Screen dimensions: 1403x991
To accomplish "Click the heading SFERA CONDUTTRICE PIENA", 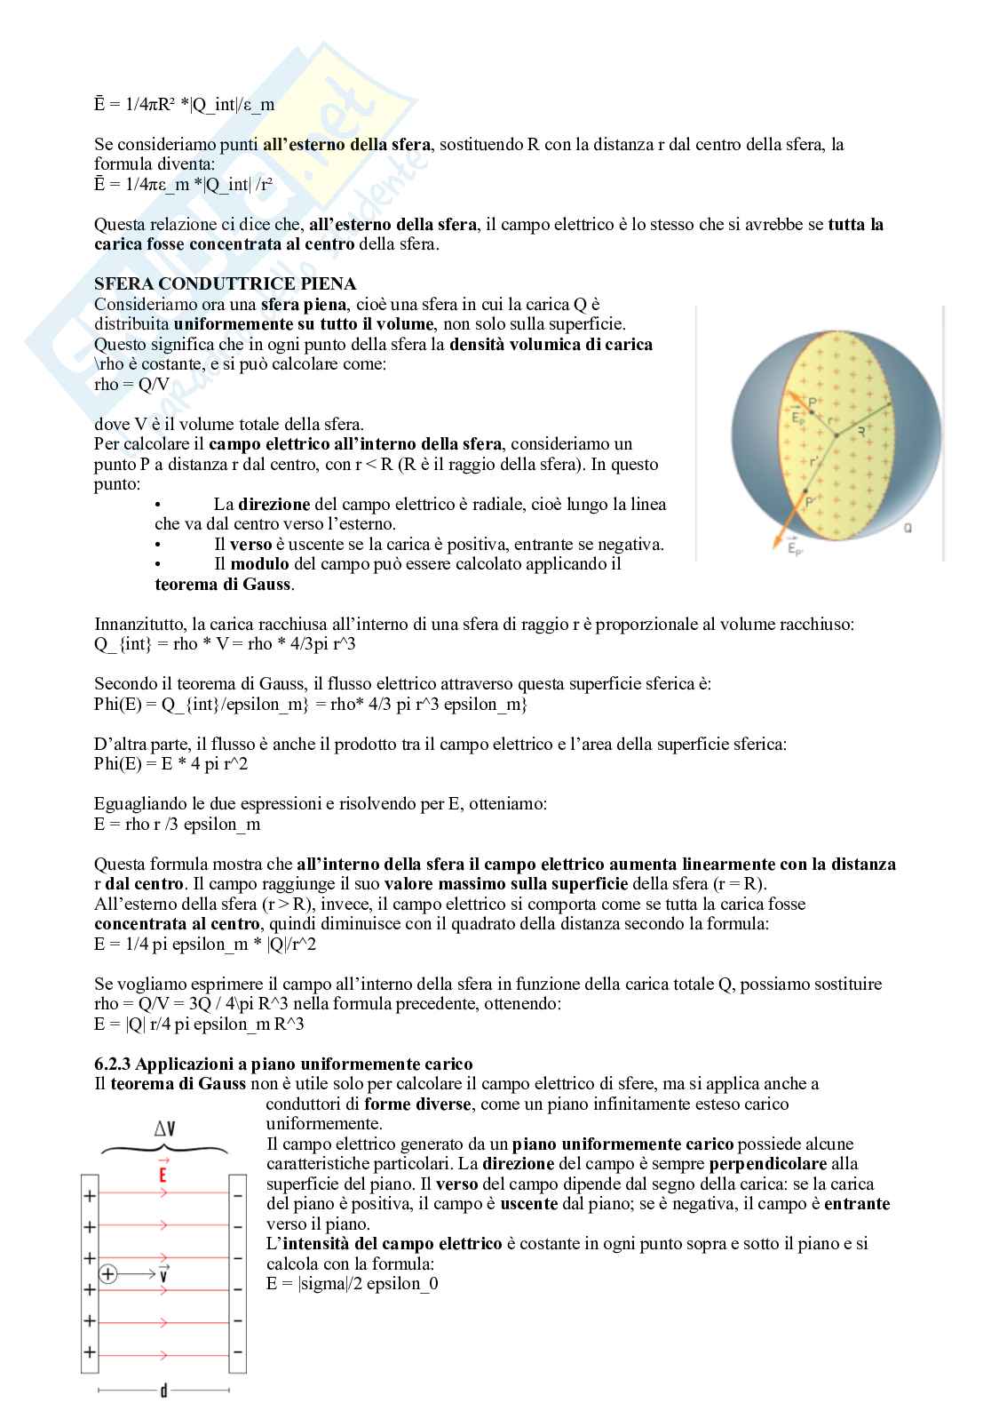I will pyautogui.click(x=225, y=283).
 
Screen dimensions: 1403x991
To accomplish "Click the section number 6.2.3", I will pyautogui.click(x=114, y=1064).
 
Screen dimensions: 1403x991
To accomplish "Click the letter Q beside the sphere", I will pyautogui.click(x=908, y=528).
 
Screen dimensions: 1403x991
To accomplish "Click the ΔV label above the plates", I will pyautogui.click(x=164, y=1128).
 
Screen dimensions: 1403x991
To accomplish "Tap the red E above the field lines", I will pyautogui.click(x=163, y=1172).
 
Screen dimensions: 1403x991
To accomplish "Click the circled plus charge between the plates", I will pyautogui.click(x=108, y=1274).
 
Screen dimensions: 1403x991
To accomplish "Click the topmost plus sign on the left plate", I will pyautogui.click(x=89, y=1196).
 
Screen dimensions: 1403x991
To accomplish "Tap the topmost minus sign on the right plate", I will pyautogui.click(x=237, y=1196).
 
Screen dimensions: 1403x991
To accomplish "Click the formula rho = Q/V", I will pyautogui.click(x=131, y=385).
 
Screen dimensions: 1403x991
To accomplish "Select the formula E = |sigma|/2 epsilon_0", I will pyautogui.click(x=352, y=1283).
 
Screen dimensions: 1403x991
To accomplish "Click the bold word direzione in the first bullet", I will pyautogui.click(x=274, y=504).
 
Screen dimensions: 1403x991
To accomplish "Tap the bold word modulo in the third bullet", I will pyautogui.click(x=259, y=563).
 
